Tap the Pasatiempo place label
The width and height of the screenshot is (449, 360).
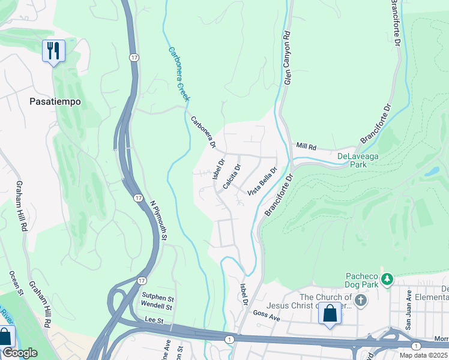click(55, 102)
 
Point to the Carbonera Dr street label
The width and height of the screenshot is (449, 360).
click(203, 131)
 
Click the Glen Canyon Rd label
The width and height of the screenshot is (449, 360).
click(287, 58)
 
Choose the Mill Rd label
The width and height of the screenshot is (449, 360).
click(306, 146)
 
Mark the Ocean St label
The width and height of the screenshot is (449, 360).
click(16, 284)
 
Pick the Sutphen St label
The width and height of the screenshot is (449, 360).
click(157, 297)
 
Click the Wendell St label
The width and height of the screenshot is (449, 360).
click(157, 307)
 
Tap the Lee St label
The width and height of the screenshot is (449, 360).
click(154, 321)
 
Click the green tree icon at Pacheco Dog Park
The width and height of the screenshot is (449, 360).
click(388, 279)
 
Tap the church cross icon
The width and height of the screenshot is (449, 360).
click(360, 301)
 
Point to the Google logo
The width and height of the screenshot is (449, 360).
click(19, 353)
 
